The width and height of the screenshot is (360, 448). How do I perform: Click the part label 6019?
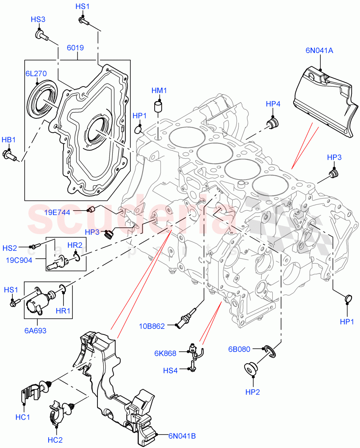pos(75,48)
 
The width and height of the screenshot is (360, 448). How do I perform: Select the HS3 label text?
pos(38,19)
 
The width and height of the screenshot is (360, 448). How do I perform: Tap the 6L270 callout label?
pos(36,74)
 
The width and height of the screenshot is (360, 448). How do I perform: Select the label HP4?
pos(273,104)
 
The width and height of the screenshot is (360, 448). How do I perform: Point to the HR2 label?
pos(75,245)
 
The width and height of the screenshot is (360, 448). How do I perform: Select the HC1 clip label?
pos(23,417)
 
